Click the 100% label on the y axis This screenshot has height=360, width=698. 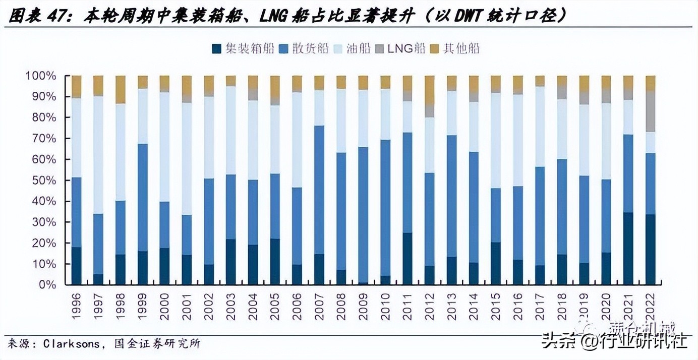[41, 76]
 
